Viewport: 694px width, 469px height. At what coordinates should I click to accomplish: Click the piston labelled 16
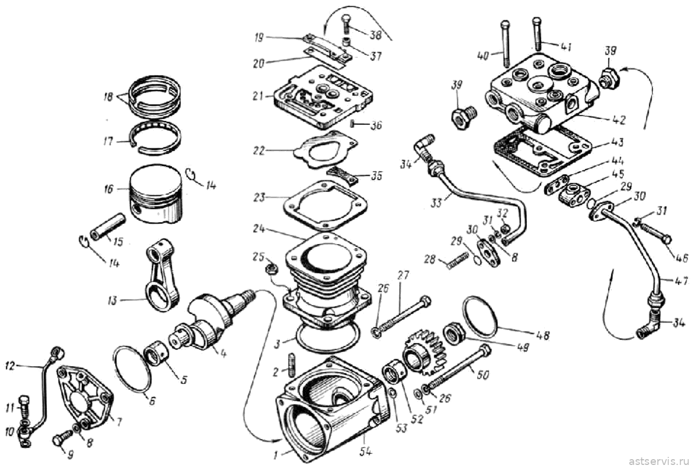(x=155, y=194)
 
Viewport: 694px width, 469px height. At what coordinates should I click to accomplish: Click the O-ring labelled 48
(x=480, y=316)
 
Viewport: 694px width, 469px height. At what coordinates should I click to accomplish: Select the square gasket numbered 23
(x=324, y=205)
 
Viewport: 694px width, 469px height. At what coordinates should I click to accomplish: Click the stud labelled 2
(x=293, y=368)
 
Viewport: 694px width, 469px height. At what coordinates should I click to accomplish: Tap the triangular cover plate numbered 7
(x=84, y=398)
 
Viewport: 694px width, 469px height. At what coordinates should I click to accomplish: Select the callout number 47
(x=681, y=281)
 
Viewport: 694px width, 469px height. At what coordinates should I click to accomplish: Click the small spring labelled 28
(x=457, y=260)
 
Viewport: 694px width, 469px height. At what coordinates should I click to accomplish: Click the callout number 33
(x=437, y=204)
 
